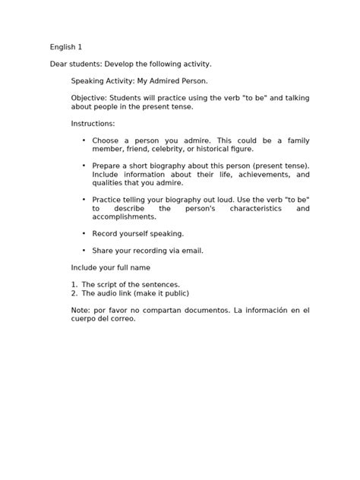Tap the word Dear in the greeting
(x=60, y=65)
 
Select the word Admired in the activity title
(x=167, y=81)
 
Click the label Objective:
(x=90, y=98)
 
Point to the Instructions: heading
(x=93, y=123)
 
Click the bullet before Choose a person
(x=83, y=141)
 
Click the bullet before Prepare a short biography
(x=83, y=165)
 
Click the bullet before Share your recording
(x=83, y=250)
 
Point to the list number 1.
(x=74, y=284)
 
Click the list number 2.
(x=74, y=292)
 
